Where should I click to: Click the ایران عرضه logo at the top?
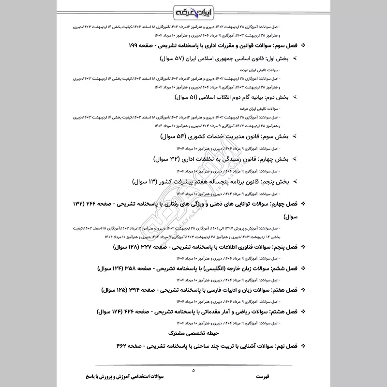(193, 11)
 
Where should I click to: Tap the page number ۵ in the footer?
(193, 371)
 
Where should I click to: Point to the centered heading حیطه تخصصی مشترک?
(193, 333)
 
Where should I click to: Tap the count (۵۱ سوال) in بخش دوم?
(175, 97)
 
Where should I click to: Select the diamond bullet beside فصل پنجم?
(303, 247)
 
